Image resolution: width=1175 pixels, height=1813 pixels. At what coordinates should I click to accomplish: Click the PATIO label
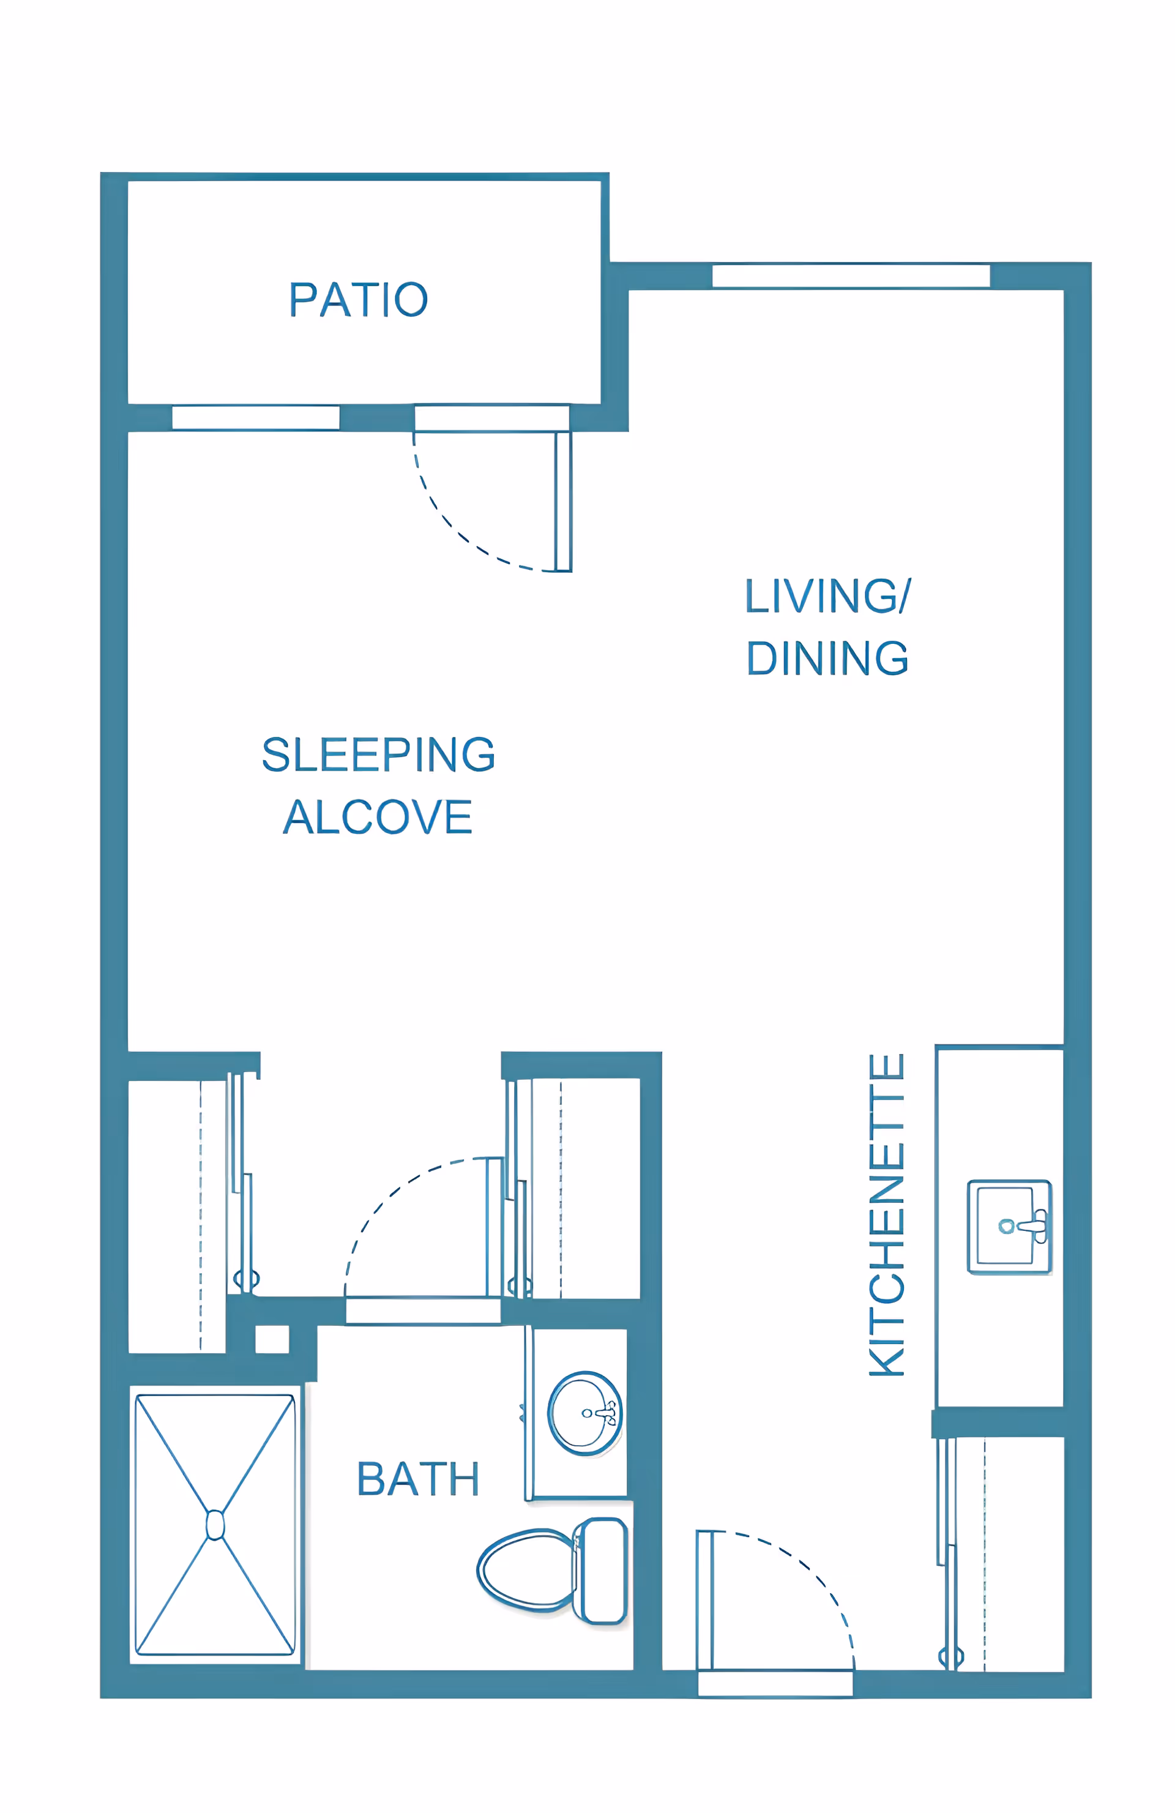[358, 299]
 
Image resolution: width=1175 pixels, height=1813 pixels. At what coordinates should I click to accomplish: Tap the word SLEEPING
[378, 754]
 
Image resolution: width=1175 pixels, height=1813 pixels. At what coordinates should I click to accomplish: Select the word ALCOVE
[378, 817]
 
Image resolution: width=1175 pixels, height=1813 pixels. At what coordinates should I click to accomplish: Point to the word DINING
[827, 658]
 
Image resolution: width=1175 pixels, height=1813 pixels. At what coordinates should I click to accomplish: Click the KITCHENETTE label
[886, 1214]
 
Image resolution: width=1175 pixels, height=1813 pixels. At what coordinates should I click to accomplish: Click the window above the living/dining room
[851, 276]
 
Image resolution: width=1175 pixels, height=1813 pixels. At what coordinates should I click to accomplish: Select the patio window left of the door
[256, 417]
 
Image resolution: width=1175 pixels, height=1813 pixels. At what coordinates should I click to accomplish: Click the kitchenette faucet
[1028, 1225]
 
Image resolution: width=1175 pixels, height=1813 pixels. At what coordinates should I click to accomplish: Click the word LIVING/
[828, 596]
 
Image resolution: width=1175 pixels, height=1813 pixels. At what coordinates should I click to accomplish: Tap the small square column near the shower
[272, 1339]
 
